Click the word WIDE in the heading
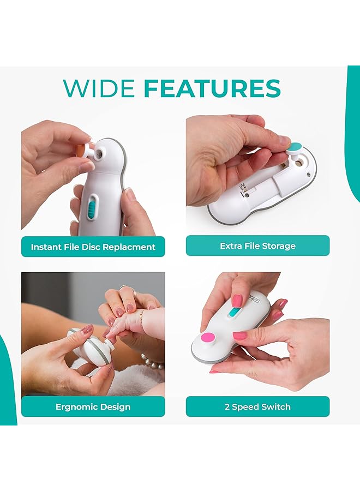(x=99, y=89)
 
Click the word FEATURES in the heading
(x=212, y=89)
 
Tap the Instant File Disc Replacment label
(x=93, y=247)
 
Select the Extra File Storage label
(x=257, y=245)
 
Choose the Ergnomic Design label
(x=93, y=407)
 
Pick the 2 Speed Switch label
(x=257, y=406)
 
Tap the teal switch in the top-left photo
(x=91, y=208)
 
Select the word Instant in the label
(x=46, y=247)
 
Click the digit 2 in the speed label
(x=226, y=406)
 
